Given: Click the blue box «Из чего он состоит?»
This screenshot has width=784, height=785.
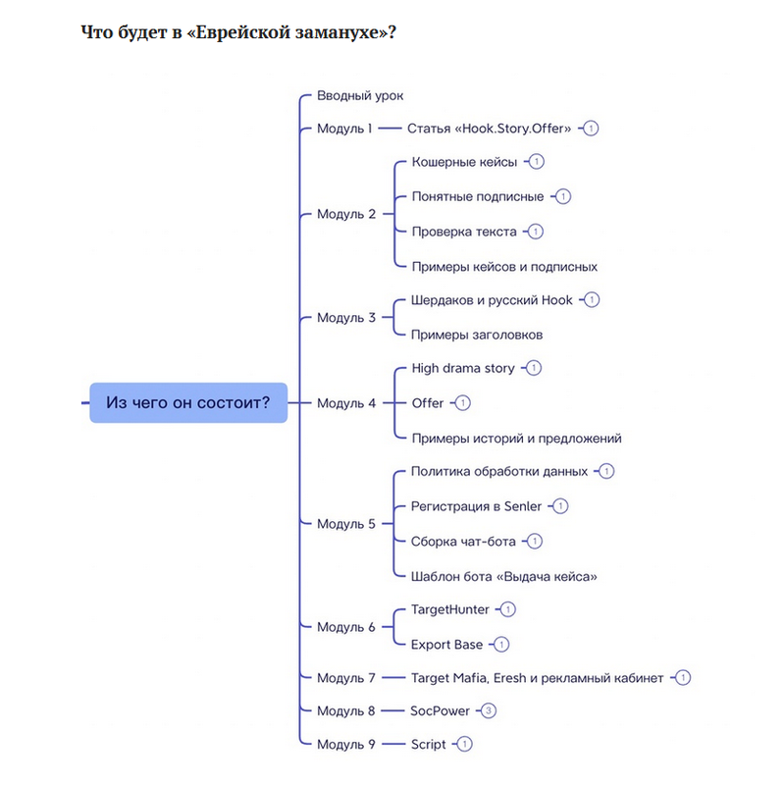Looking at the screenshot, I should pyautogui.click(x=188, y=402).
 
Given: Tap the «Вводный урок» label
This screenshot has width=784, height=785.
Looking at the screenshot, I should pyautogui.click(x=360, y=95).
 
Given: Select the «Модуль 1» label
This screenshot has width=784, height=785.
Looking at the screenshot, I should pyautogui.click(x=344, y=128).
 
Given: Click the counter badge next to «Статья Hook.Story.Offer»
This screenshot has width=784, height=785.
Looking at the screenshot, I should pyautogui.click(x=593, y=128).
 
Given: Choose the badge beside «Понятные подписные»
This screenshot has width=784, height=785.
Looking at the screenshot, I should pyautogui.click(x=563, y=196).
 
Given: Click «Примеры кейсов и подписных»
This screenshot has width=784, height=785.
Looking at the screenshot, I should pyautogui.click(x=504, y=266).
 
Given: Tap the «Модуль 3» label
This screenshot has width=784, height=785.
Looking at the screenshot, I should pyautogui.click(x=345, y=317).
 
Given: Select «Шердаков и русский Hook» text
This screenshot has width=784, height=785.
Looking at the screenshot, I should pyautogui.click(x=492, y=299).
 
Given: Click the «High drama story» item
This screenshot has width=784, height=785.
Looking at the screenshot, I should pyautogui.click(x=462, y=368).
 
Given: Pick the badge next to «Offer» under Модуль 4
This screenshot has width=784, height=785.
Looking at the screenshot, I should pyautogui.click(x=463, y=403).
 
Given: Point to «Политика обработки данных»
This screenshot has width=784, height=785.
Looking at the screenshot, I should pyautogui.click(x=499, y=471).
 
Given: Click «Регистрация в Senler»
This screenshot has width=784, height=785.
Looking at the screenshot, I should pyautogui.click(x=476, y=506).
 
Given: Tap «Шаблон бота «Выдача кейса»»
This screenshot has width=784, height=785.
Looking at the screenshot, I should pyautogui.click(x=503, y=576).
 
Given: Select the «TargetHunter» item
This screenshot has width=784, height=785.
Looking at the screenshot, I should pyautogui.click(x=449, y=609).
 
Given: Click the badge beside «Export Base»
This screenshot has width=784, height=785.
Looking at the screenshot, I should pyautogui.click(x=501, y=645).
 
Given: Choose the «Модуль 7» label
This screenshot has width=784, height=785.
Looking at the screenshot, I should pyautogui.click(x=345, y=678).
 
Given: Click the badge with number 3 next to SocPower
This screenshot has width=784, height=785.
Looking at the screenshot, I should pyautogui.click(x=489, y=710).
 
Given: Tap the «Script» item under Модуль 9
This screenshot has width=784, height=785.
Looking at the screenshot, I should pyautogui.click(x=428, y=744).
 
